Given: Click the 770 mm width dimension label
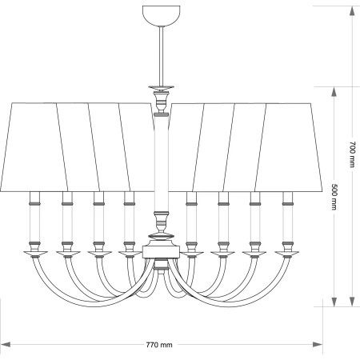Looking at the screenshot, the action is click(159, 345).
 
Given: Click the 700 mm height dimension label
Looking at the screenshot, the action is click(353, 154).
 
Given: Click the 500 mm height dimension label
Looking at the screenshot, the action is click(334, 197).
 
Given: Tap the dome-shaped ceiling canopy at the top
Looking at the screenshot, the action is click(161, 16).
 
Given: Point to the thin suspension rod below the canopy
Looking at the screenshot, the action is click(161, 56).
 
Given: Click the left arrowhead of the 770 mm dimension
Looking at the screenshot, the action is click(6, 345).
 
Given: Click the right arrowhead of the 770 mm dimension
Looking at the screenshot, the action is click(318, 345).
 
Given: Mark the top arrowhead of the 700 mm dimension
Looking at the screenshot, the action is click(352, 11).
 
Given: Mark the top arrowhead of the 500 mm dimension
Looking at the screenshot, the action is click(334, 92).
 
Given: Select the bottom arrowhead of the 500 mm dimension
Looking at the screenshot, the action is click(334, 302).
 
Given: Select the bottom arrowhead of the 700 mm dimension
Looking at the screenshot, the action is click(352, 302).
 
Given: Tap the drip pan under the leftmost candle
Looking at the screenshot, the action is click(35, 253).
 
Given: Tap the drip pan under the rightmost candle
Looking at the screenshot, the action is click(287, 253).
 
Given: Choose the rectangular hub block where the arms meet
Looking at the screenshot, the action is click(161, 252).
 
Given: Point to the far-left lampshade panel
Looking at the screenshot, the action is click(34, 147).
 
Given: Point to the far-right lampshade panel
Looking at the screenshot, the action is click(289, 147).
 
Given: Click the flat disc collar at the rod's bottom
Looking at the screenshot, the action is click(161, 88).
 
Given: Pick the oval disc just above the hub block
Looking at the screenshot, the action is click(161, 236).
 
